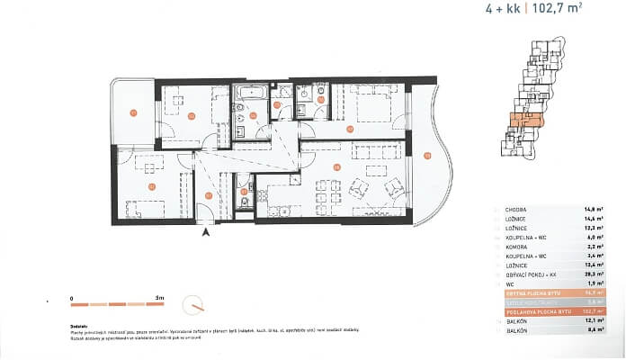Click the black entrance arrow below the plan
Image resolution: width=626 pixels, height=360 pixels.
click(207, 232)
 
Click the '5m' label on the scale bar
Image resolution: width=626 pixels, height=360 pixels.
click(158, 295)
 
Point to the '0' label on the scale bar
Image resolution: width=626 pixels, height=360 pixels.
click(71, 295)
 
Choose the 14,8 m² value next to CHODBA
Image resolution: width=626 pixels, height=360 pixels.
click(593, 209)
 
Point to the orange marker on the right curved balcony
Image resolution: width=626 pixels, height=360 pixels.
click(428, 156)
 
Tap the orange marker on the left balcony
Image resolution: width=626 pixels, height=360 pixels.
click(132, 113)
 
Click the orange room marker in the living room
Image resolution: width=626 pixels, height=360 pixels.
click(335, 167)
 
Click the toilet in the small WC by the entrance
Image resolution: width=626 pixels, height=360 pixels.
click(244, 202)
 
